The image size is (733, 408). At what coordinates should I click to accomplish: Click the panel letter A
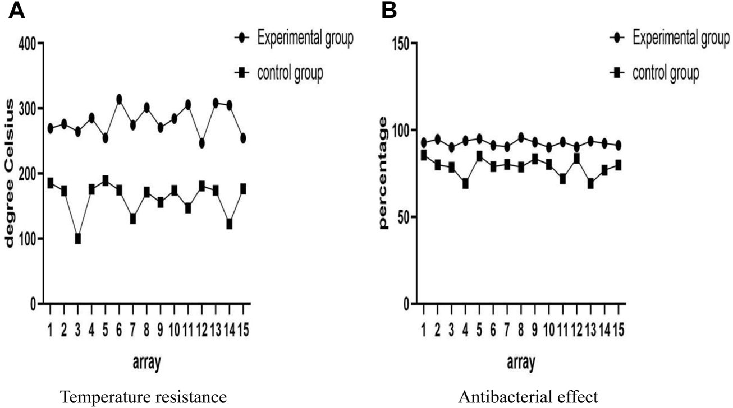pos(17,11)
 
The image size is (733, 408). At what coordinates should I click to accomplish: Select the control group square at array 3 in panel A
pos(77,239)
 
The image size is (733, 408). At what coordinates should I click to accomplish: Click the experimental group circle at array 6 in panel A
pos(119,99)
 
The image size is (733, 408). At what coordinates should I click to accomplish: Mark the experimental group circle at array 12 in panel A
pos(201,143)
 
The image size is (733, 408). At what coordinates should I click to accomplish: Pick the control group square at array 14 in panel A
pos(229,224)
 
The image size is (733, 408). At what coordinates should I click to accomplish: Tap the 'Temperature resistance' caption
pos(144,397)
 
